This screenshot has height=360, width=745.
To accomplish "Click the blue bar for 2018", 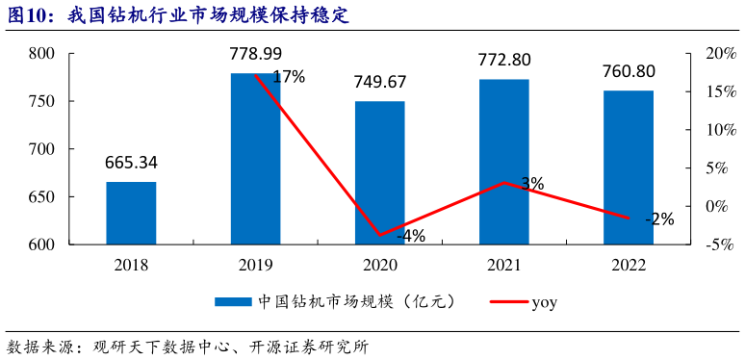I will (x=131, y=213).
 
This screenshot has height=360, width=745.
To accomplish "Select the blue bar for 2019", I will (x=255, y=159).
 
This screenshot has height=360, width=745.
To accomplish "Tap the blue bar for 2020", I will (x=379, y=172).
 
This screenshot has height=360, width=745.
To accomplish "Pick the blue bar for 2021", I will (x=503, y=162).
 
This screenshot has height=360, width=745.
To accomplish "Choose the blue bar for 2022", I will (x=628, y=167).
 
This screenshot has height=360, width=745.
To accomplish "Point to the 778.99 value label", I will (x=255, y=55).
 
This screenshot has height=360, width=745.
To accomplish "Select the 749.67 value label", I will (x=379, y=84).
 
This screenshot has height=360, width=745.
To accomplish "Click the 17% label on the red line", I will (x=289, y=77).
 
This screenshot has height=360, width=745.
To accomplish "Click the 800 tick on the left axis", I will (x=40, y=54).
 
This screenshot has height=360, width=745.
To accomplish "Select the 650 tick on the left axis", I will (x=40, y=197).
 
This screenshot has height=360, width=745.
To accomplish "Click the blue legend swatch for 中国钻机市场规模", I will (x=232, y=302).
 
